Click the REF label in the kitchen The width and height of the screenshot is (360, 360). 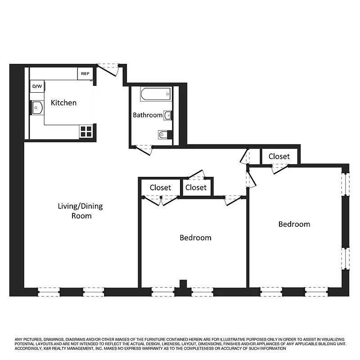(85, 74)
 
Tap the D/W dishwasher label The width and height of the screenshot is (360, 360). (37, 86)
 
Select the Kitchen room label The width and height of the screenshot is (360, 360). (63, 103)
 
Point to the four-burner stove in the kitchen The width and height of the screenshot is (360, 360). (86, 131)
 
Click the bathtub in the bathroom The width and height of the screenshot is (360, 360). (155, 94)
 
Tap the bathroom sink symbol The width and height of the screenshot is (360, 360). (168, 116)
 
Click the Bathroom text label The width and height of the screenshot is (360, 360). (147, 115)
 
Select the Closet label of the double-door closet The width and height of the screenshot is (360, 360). (160, 187)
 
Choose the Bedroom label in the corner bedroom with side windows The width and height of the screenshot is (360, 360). (294, 224)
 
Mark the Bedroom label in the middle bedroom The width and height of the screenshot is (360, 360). (195, 238)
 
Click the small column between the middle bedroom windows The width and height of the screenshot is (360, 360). (183, 284)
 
